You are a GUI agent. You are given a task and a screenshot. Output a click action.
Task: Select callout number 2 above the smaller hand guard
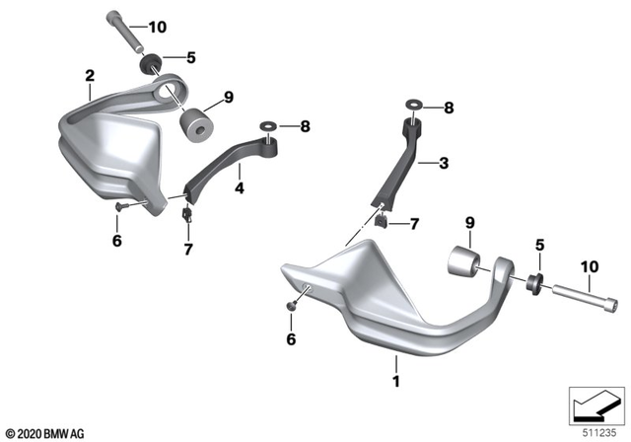click(x=90, y=75)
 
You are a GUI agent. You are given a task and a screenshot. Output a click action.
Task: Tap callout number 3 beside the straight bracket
click(x=445, y=162)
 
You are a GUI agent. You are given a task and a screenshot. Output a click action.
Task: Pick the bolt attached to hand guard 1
click(x=571, y=290)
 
